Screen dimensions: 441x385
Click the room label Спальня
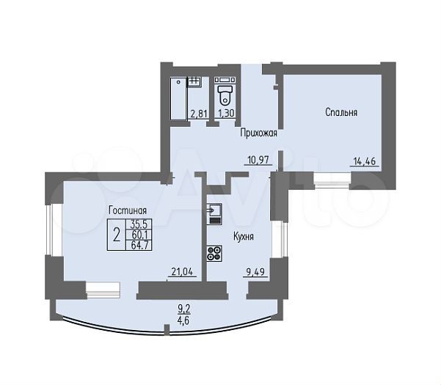click(x=341, y=112)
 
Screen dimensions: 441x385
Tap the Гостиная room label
click(x=128, y=210)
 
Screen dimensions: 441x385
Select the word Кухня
click(x=244, y=237)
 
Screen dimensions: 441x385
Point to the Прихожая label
click(x=258, y=133)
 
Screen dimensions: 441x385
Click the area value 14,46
click(x=365, y=161)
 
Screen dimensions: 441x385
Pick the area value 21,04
click(x=182, y=272)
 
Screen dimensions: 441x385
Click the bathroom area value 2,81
click(x=199, y=114)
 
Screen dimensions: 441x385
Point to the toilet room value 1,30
click(x=226, y=113)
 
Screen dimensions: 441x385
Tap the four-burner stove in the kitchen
click(x=214, y=253)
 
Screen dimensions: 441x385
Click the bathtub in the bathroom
click(x=178, y=98)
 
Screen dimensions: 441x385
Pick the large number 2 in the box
click(x=117, y=235)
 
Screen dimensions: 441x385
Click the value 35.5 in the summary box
click(x=139, y=224)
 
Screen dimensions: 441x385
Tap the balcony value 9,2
click(x=184, y=309)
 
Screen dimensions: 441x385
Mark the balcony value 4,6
click(x=183, y=320)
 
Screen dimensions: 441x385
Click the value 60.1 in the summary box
click(x=139, y=235)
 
